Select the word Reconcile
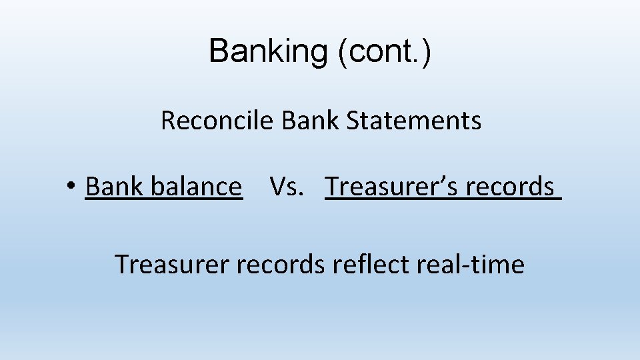tap(217, 121)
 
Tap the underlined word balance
tap(197, 187)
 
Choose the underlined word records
tap(509, 187)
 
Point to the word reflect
tap(370, 265)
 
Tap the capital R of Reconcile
tap(167, 121)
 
